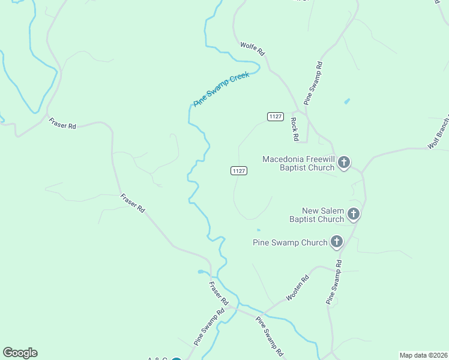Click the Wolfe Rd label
click(x=253, y=49)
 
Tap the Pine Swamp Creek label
click(x=221, y=89)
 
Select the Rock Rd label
click(x=294, y=128)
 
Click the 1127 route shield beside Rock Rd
click(x=276, y=116)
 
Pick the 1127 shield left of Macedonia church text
click(x=239, y=171)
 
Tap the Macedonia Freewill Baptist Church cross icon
click(x=344, y=161)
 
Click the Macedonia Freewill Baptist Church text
click(x=298, y=163)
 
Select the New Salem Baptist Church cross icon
click(x=354, y=213)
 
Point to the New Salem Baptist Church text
click(x=317, y=215)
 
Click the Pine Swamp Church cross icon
click(x=337, y=242)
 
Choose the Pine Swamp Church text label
click(x=291, y=242)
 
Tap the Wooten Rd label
click(x=297, y=287)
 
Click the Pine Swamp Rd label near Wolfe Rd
click(x=314, y=83)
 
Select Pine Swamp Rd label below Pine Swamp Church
click(x=334, y=281)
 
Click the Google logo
click(x=20, y=353)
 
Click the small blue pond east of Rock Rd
click(x=347, y=101)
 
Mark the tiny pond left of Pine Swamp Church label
click(x=258, y=229)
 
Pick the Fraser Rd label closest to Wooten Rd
click(x=219, y=292)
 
